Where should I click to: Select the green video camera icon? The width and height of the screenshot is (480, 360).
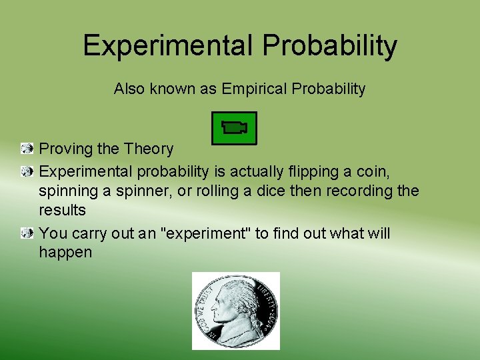click(234, 128)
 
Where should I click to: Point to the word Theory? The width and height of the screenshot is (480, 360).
click(151, 149)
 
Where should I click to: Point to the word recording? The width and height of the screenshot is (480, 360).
click(353, 191)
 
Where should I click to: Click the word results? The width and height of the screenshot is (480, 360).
click(62, 211)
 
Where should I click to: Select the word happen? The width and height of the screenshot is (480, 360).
click(65, 253)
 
